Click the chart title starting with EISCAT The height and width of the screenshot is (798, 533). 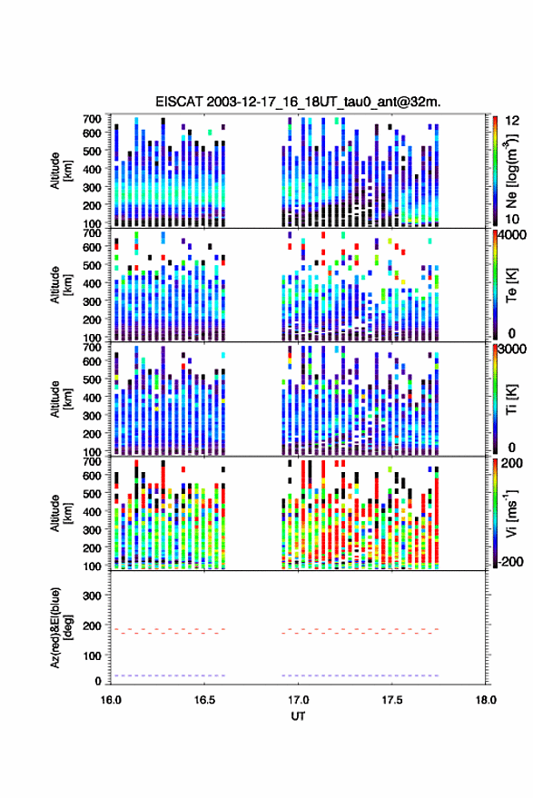(299, 102)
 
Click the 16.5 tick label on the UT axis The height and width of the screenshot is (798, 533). (204, 700)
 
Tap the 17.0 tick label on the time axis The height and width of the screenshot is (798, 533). (299, 700)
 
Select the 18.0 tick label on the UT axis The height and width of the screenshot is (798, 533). (486, 700)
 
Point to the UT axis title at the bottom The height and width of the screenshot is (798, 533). (299, 716)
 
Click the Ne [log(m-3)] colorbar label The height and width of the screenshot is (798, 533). (511, 171)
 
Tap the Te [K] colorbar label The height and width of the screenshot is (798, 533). (511, 285)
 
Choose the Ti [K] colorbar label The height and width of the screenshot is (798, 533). (511, 399)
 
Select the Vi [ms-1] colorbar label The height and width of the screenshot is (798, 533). (511, 513)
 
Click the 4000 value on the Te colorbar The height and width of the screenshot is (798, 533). (513, 236)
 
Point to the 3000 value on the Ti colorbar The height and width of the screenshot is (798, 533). (513, 350)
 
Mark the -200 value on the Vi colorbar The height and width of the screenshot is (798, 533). (510, 562)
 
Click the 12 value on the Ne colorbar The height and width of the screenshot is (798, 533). (512, 121)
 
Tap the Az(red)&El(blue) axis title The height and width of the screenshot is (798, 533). (62, 627)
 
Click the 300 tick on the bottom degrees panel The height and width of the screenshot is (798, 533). (92, 596)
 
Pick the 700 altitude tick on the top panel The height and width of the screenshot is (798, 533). (92, 119)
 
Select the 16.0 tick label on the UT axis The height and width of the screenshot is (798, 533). (111, 700)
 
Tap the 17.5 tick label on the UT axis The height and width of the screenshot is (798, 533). (392, 700)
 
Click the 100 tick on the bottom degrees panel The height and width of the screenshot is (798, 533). (92, 655)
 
